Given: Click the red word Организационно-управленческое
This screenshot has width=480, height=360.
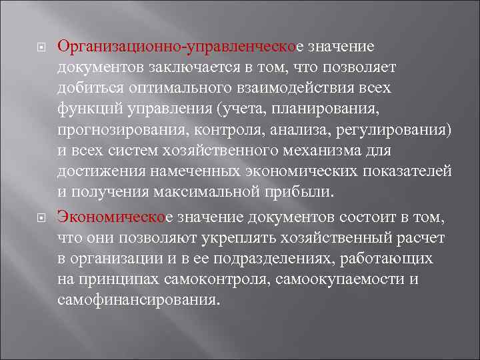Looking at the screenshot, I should [179, 48].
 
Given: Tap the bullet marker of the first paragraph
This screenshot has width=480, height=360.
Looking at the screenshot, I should [38, 49].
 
